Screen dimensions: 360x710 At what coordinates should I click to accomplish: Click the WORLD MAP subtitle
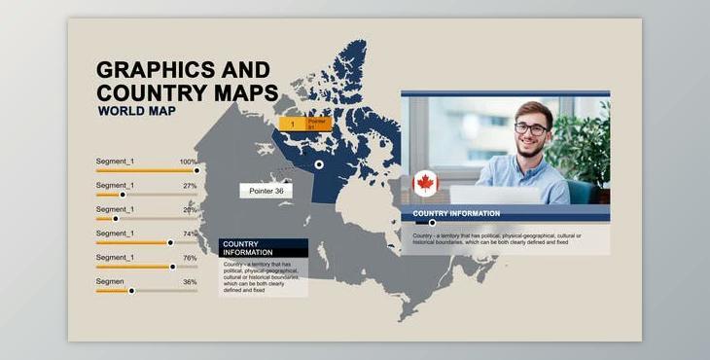pos(138,112)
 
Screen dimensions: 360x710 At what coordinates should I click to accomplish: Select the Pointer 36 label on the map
pos(266,191)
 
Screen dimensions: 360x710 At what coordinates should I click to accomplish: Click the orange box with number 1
pos(292,125)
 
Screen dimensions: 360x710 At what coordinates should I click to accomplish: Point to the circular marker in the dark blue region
pos(319,164)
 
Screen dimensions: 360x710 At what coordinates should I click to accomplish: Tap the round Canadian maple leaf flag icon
pos(425,183)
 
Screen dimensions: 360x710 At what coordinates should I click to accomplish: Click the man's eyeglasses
pos(530,128)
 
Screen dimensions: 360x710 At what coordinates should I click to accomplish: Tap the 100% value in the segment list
pos(188,162)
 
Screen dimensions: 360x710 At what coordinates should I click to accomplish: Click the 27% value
pos(190,186)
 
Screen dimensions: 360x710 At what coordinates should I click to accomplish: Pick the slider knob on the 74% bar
pos(170,242)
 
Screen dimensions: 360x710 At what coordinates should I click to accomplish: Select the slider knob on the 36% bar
pos(131,290)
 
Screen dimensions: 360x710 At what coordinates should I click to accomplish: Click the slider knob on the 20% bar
pos(115,219)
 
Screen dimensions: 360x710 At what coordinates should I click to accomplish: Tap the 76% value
pos(190,258)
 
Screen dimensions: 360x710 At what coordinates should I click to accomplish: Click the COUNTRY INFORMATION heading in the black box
pos(247,248)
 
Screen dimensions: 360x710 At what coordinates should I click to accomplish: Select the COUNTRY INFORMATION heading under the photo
pos(456,213)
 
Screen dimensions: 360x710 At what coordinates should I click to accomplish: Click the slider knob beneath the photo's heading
pos(432,223)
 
